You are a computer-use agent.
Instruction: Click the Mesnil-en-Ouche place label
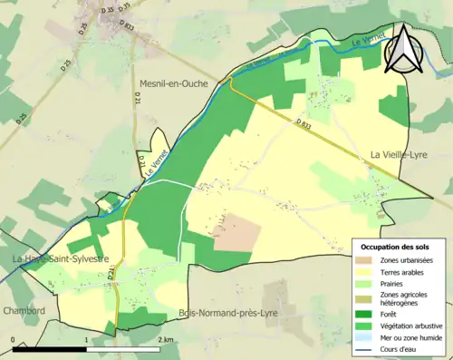pos(173,83)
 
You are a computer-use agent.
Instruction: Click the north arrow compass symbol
pos(402,49)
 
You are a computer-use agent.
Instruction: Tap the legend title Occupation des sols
pos(396,247)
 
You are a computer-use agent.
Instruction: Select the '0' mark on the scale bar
pos(13,339)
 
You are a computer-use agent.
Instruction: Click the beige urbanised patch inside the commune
pos(237,232)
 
